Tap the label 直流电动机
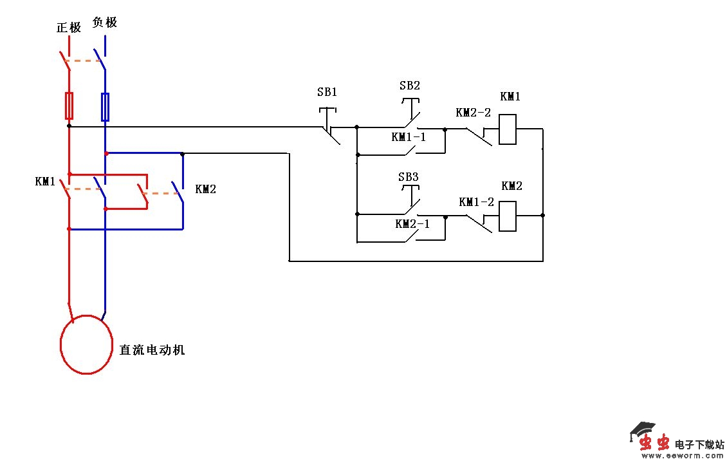pyautogui.click(x=152, y=350)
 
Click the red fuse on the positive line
pyautogui.click(x=69, y=106)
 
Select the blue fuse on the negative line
pyautogui.click(x=105, y=106)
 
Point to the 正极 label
pyautogui.click(x=69, y=28)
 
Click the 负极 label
pyautogui.click(x=104, y=23)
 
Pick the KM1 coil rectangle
pyautogui.click(x=508, y=129)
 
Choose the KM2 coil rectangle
pyautogui.click(x=508, y=216)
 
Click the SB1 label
pyautogui.click(x=327, y=92)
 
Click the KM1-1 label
pyautogui.click(x=409, y=137)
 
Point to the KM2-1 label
pyautogui.click(x=412, y=223)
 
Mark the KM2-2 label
pyautogui.click(x=473, y=113)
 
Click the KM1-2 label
pyautogui.click(x=476, y=202)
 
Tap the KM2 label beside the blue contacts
pyautogui.click(x=205, y=189)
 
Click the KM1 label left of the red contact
pyautogui.click(x=45, y=182)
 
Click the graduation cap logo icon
pyautogui.click(x=641, y=430)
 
